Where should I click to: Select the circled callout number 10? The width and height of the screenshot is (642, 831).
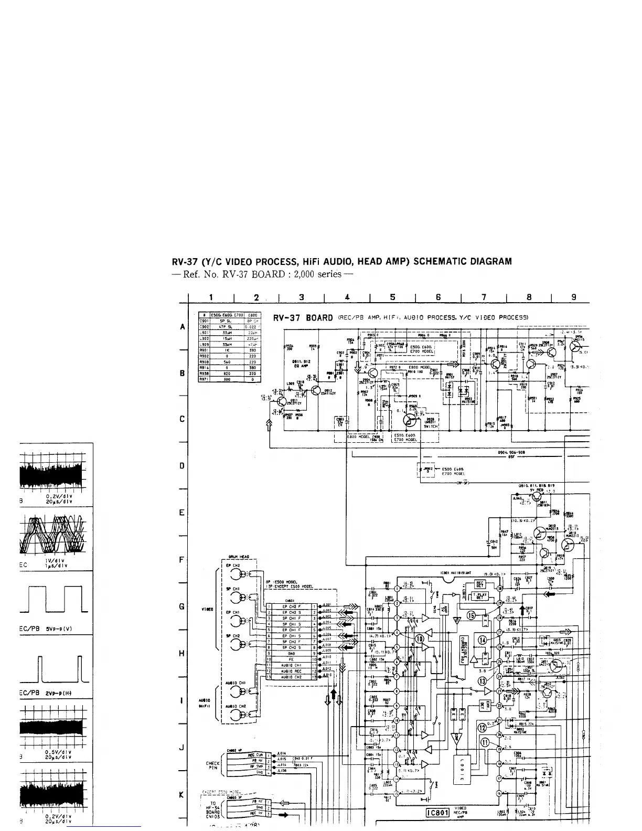click(x=420, y=638)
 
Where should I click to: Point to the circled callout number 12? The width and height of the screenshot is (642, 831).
click(x=483, y=727)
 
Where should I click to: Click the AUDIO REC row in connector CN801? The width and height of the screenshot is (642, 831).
click(x=290, y=670)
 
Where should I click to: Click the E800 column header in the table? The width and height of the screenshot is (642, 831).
click(x=251, y=315)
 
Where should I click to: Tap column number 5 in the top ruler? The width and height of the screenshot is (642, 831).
click(x=393, y=297)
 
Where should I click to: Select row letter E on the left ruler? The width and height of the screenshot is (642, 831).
click(x=181, y=513)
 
